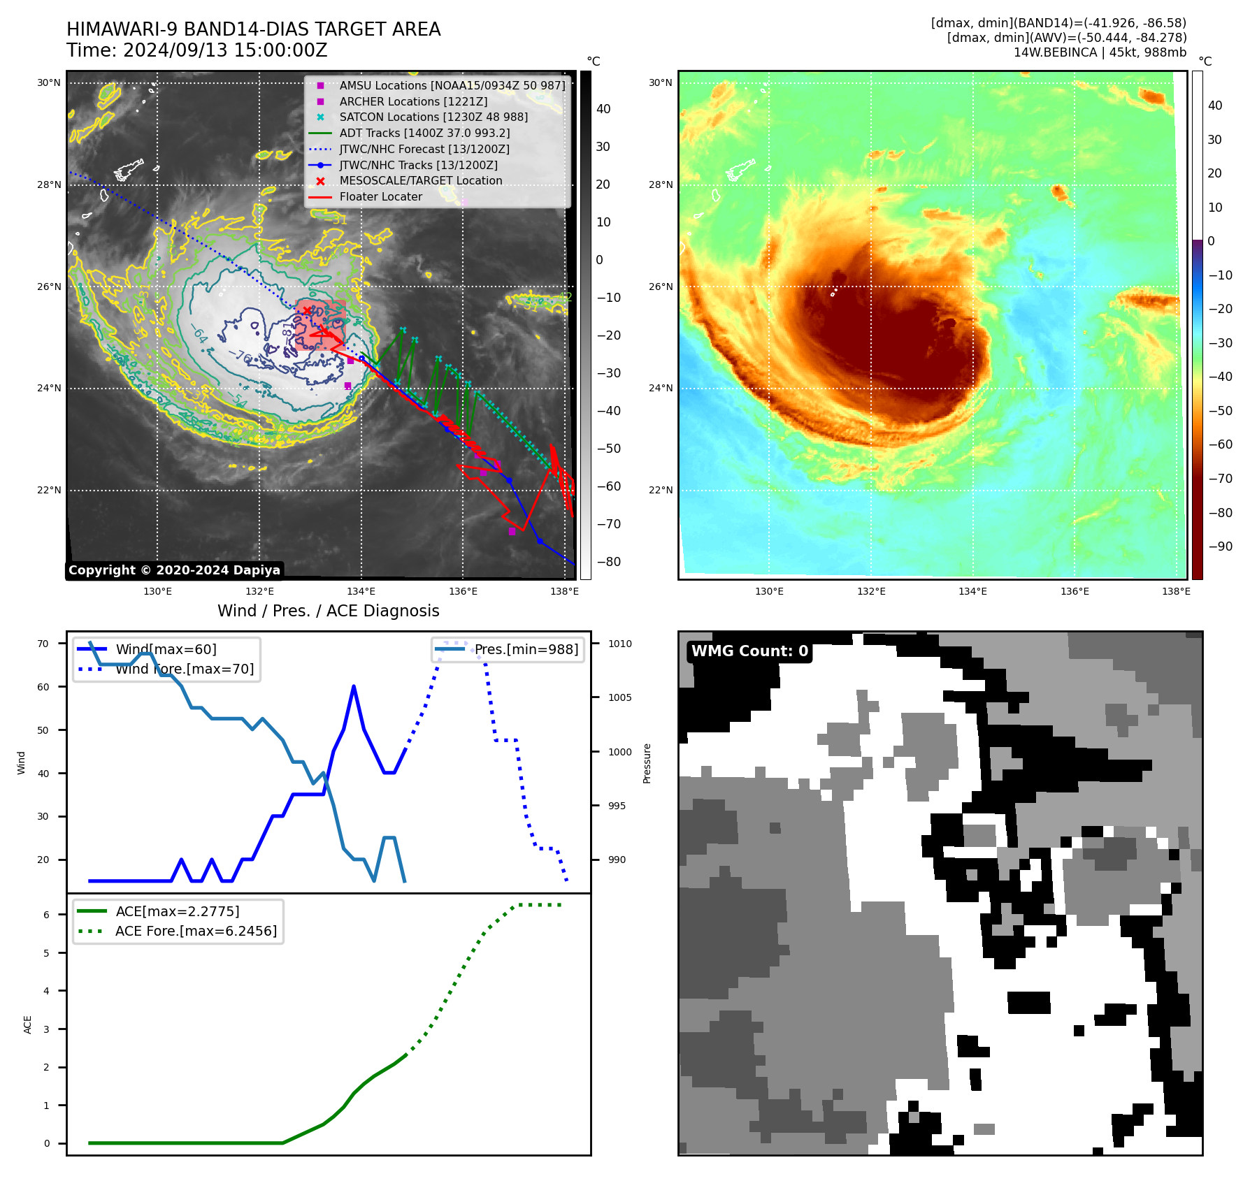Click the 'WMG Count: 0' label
point(749,651)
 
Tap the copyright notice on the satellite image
point(174,570)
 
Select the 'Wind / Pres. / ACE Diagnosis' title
point(329,611)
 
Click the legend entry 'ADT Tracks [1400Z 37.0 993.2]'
point(424,133)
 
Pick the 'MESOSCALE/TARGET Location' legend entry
point(421,180)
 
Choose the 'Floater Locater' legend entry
point(381,196)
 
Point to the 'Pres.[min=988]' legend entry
point(526,649)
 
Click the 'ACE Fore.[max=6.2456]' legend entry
point(196,931)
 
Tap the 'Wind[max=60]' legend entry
point(166,649)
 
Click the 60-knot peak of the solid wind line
point(354,687)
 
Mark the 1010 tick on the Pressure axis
point(619,644)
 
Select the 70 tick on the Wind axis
point(43,644)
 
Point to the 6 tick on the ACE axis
point(47,915)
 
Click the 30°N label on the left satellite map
point(49,82)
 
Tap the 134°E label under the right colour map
point(972,591)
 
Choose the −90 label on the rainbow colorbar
point(1220,546)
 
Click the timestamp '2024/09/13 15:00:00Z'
point(225,50)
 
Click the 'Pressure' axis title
point(647,763)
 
